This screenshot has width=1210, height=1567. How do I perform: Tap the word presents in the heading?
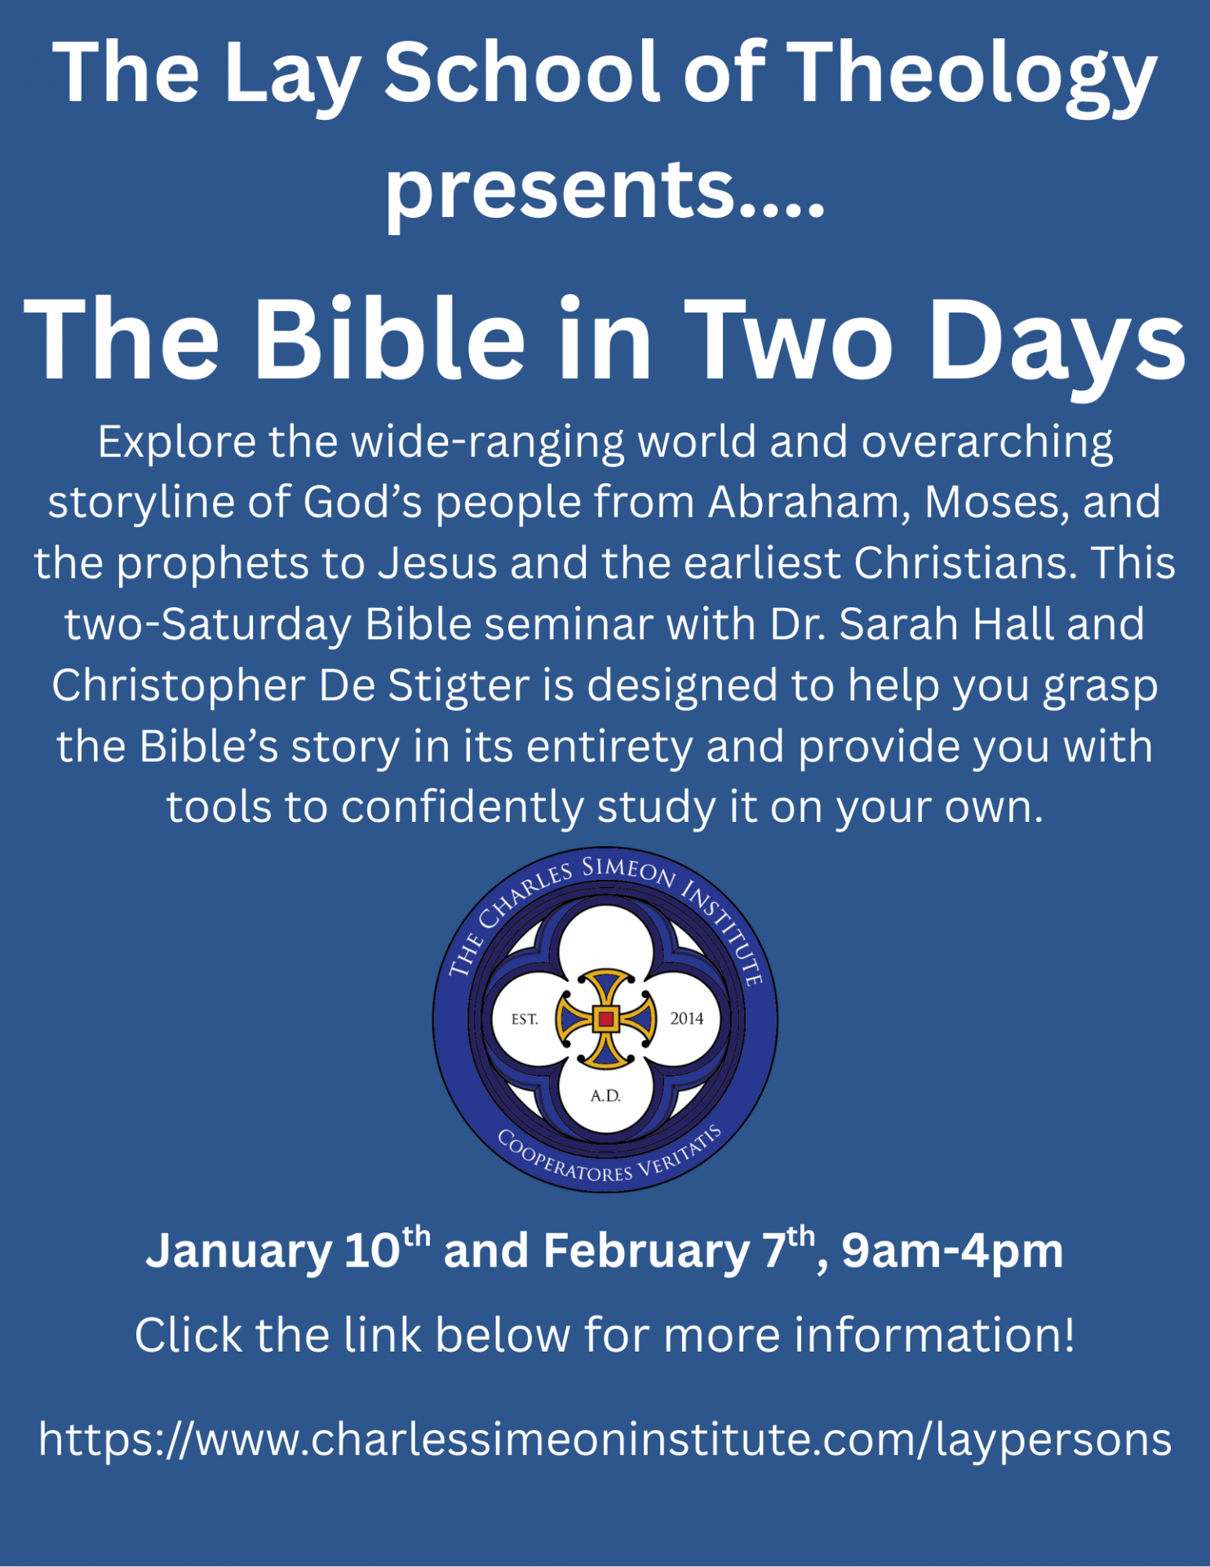(560, 193)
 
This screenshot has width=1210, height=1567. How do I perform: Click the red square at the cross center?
(605, 1019)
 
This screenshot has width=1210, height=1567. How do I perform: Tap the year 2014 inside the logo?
(686, 1019)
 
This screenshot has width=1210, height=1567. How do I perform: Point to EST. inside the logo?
(525, 1019)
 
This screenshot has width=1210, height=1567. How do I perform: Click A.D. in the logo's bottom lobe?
(605, 1096)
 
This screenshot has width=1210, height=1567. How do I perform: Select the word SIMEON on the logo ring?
(629, 871)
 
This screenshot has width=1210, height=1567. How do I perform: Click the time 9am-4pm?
(952, 1251)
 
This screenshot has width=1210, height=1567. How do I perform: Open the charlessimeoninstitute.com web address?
(605, 1440)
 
